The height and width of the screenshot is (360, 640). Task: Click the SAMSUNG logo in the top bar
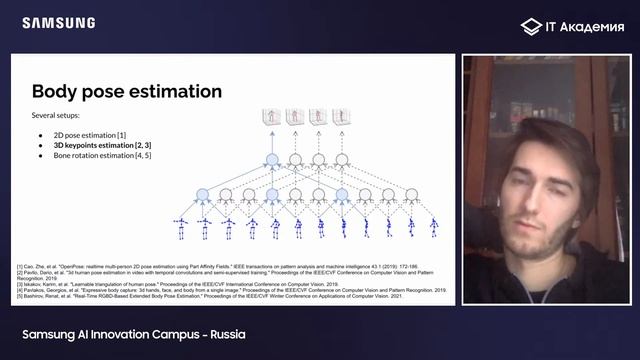[x=59, y=23]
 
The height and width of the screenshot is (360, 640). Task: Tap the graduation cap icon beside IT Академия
[x=532, y=26]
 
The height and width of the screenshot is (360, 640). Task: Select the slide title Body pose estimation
[x=127, y=92]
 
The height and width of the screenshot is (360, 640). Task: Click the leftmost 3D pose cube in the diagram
[x=271, y=116]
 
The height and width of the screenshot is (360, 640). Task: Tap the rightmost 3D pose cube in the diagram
[x=342, y=116]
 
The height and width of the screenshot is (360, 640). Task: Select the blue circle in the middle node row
[x=272, y=159]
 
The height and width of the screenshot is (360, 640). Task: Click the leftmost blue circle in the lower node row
[x=202, y=194]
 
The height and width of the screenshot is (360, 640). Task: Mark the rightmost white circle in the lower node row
[x=411, y=194]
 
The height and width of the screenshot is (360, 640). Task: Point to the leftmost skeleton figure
[x=181, y=229]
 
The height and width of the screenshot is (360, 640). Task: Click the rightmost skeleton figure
[x=433, y=229]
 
